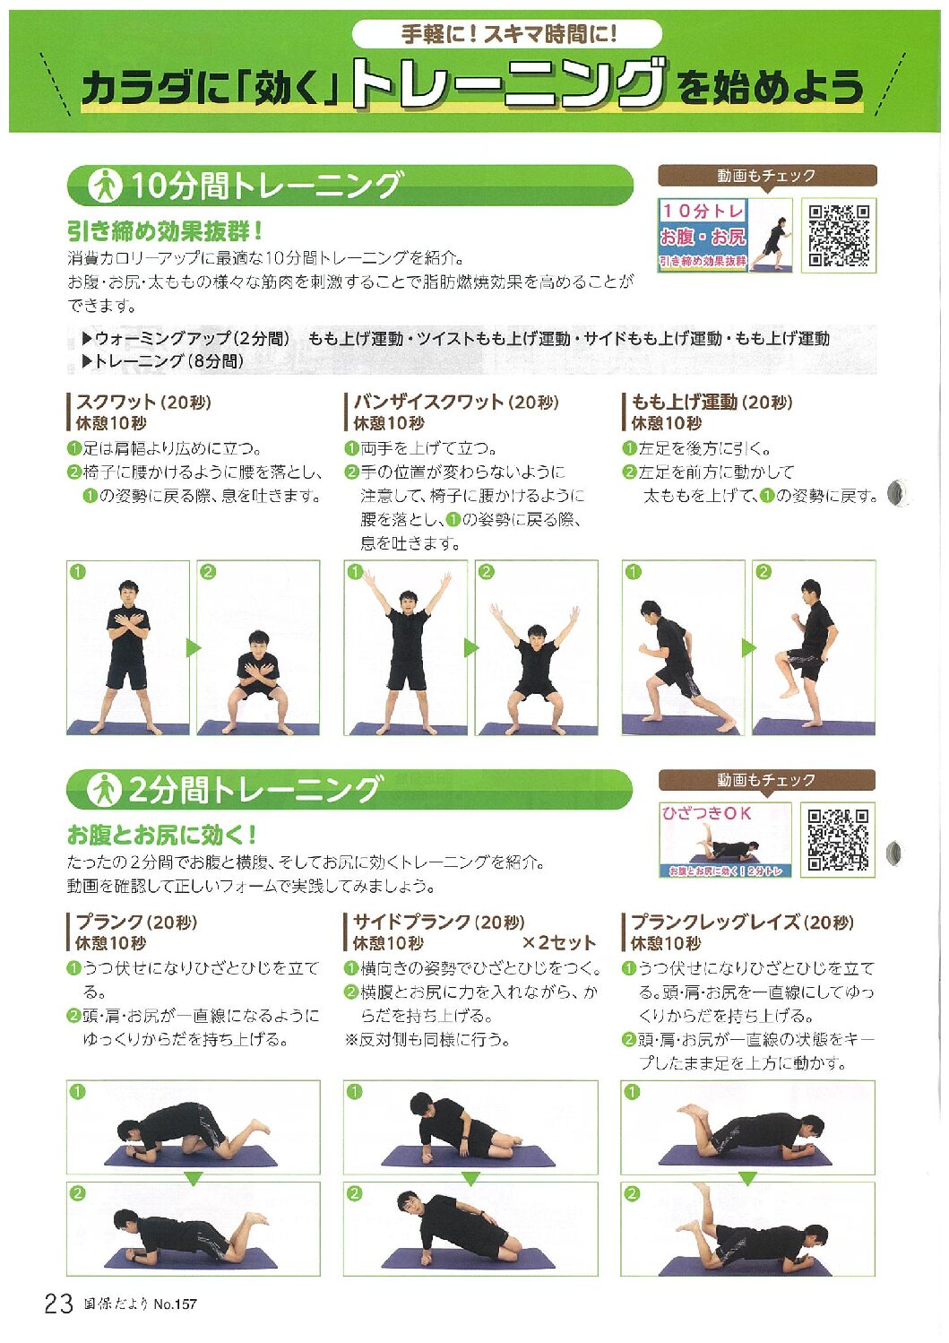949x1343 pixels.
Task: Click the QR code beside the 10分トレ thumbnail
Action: pyautogui.click(x=838, y=235)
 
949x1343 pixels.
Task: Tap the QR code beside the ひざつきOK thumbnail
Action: pyautogui.click(x=838, y=839)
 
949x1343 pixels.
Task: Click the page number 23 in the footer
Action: pyautogui.click(x=59, y=1304)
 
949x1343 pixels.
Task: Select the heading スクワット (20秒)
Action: pyautogui.click(x=143, y=402)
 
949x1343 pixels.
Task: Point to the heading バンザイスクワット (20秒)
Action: pyautogui.click(x=456, y=402)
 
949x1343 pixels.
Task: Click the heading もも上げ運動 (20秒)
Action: pyautogui.click(x=712, y=402)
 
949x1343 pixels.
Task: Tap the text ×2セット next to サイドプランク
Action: pyautogui.click(x=558, y=942)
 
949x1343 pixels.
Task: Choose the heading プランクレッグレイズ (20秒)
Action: pyautogui.click(x=742, y=922)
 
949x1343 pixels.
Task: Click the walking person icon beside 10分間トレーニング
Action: pyautogui.click(x=105, y=186)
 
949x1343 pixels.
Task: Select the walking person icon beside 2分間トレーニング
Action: pyautogui.click(x=105, y=790)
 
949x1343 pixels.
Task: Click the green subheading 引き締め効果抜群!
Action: pyautogui.click(x=165, y=230)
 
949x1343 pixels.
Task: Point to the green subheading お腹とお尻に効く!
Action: pyautogui.click(x=162, y=834)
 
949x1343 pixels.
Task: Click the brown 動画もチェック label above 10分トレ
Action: pyautogui.click(x=767, y=176)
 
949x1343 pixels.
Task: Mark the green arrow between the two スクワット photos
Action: pyautogui.click(x=193, y=648)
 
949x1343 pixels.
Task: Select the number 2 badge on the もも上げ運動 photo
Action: pyautogui.click(x=764, y=572)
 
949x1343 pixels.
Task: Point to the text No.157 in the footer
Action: pyautogui.click(x=175, y=1304)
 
